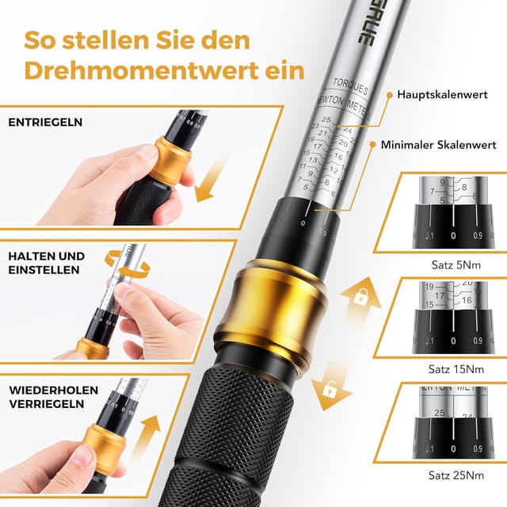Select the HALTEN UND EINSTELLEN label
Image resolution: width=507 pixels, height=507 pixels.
(x=46, y=263)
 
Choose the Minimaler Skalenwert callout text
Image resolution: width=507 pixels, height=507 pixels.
(x=438, y=145)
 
